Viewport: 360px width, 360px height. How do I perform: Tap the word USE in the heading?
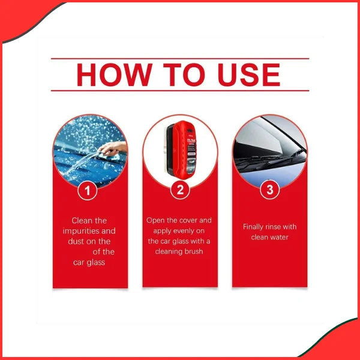247,75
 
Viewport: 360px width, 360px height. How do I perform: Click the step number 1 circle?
89,191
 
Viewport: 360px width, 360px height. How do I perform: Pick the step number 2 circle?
179,191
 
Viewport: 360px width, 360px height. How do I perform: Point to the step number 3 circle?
269,191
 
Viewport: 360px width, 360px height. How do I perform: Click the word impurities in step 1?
89,231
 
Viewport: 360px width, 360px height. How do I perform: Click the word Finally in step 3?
255,227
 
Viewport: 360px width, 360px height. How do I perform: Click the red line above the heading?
179,59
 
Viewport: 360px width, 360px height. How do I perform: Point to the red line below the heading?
179,91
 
